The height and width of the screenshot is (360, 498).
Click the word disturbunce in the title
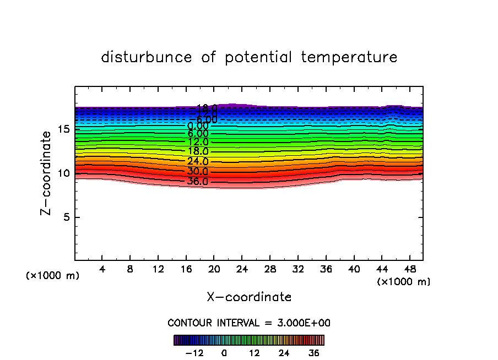(146, 57)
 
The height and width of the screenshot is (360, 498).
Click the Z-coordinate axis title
(48, 173)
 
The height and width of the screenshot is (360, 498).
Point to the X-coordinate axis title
(249, 297)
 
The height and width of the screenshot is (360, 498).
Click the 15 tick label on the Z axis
(62, 129)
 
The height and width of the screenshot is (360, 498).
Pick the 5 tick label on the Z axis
(65, 217)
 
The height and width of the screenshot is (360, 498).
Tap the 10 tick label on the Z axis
(62, 173)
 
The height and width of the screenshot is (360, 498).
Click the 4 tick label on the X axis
(102, 270)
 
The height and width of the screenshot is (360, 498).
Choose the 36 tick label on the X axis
(326, 270)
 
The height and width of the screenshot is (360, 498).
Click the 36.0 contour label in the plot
(198, 182)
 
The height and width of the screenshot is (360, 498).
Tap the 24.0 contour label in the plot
(198, 162)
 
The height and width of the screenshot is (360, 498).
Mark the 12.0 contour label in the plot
(198, 142)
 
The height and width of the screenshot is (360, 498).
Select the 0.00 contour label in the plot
(198, 126)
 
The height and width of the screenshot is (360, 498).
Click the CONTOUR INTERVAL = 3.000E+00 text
(249, 323)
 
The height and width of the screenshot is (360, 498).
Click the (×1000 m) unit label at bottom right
(404, 282)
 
